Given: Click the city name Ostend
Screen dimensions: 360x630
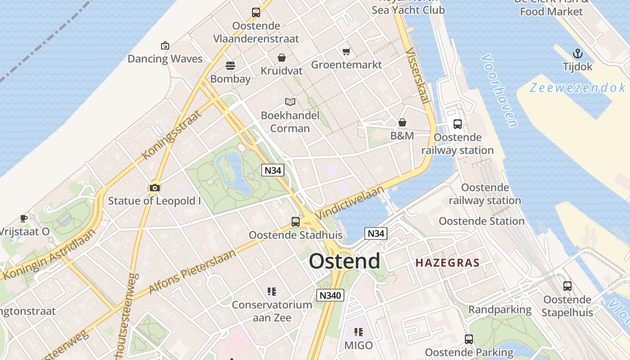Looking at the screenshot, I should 344,261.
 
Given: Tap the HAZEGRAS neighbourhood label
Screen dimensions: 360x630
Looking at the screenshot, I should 447,263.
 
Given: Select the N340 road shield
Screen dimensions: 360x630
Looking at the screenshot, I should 330,295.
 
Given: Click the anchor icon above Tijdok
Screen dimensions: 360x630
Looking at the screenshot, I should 577,54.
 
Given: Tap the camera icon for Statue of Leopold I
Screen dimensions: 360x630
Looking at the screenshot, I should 154,188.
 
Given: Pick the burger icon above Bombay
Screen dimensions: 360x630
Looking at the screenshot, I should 230,66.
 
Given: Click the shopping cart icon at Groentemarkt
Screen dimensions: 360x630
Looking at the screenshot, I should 346,52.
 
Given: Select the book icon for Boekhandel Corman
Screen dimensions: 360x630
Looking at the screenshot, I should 290,102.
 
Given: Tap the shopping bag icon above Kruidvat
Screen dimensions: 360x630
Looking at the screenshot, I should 282,58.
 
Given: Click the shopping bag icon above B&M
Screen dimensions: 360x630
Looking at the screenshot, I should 402,122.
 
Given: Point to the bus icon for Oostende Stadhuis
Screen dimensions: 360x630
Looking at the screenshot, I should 296,221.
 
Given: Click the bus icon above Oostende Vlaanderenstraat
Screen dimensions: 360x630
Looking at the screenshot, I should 256,13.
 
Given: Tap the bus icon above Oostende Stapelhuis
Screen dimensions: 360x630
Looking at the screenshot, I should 567,286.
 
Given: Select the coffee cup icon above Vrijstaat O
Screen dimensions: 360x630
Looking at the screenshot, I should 23,219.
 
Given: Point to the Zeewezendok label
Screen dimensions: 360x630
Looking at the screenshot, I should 577,88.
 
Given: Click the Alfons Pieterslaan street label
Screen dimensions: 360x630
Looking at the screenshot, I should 192,272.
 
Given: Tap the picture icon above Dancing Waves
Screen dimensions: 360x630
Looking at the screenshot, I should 165,45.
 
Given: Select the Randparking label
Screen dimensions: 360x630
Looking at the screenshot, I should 500,310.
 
